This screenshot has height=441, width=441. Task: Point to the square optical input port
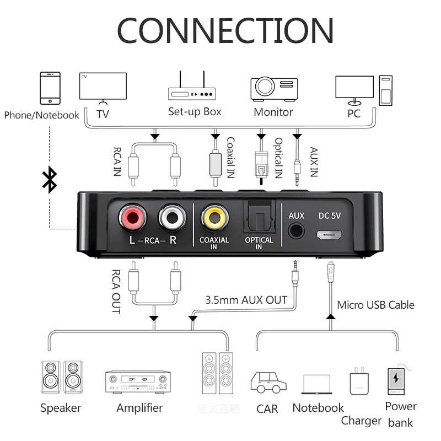coord(259,217)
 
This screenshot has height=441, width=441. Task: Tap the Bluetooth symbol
coord(50,180)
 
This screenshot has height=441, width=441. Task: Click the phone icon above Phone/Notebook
coord(50,88)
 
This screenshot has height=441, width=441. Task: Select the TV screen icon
coord(103,87)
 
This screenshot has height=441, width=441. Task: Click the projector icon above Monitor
coord(274,88)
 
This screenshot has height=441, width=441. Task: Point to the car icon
coord(268,381)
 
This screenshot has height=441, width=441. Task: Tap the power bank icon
coord(396,381)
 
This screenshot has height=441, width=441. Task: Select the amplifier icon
coord(138,381)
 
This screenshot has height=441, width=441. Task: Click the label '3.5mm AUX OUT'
coord(246,300)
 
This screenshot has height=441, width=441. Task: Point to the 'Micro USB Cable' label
coord(375,304)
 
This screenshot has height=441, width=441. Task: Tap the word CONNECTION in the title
coord(225,30)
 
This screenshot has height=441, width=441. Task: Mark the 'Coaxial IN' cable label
coord(231,157)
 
